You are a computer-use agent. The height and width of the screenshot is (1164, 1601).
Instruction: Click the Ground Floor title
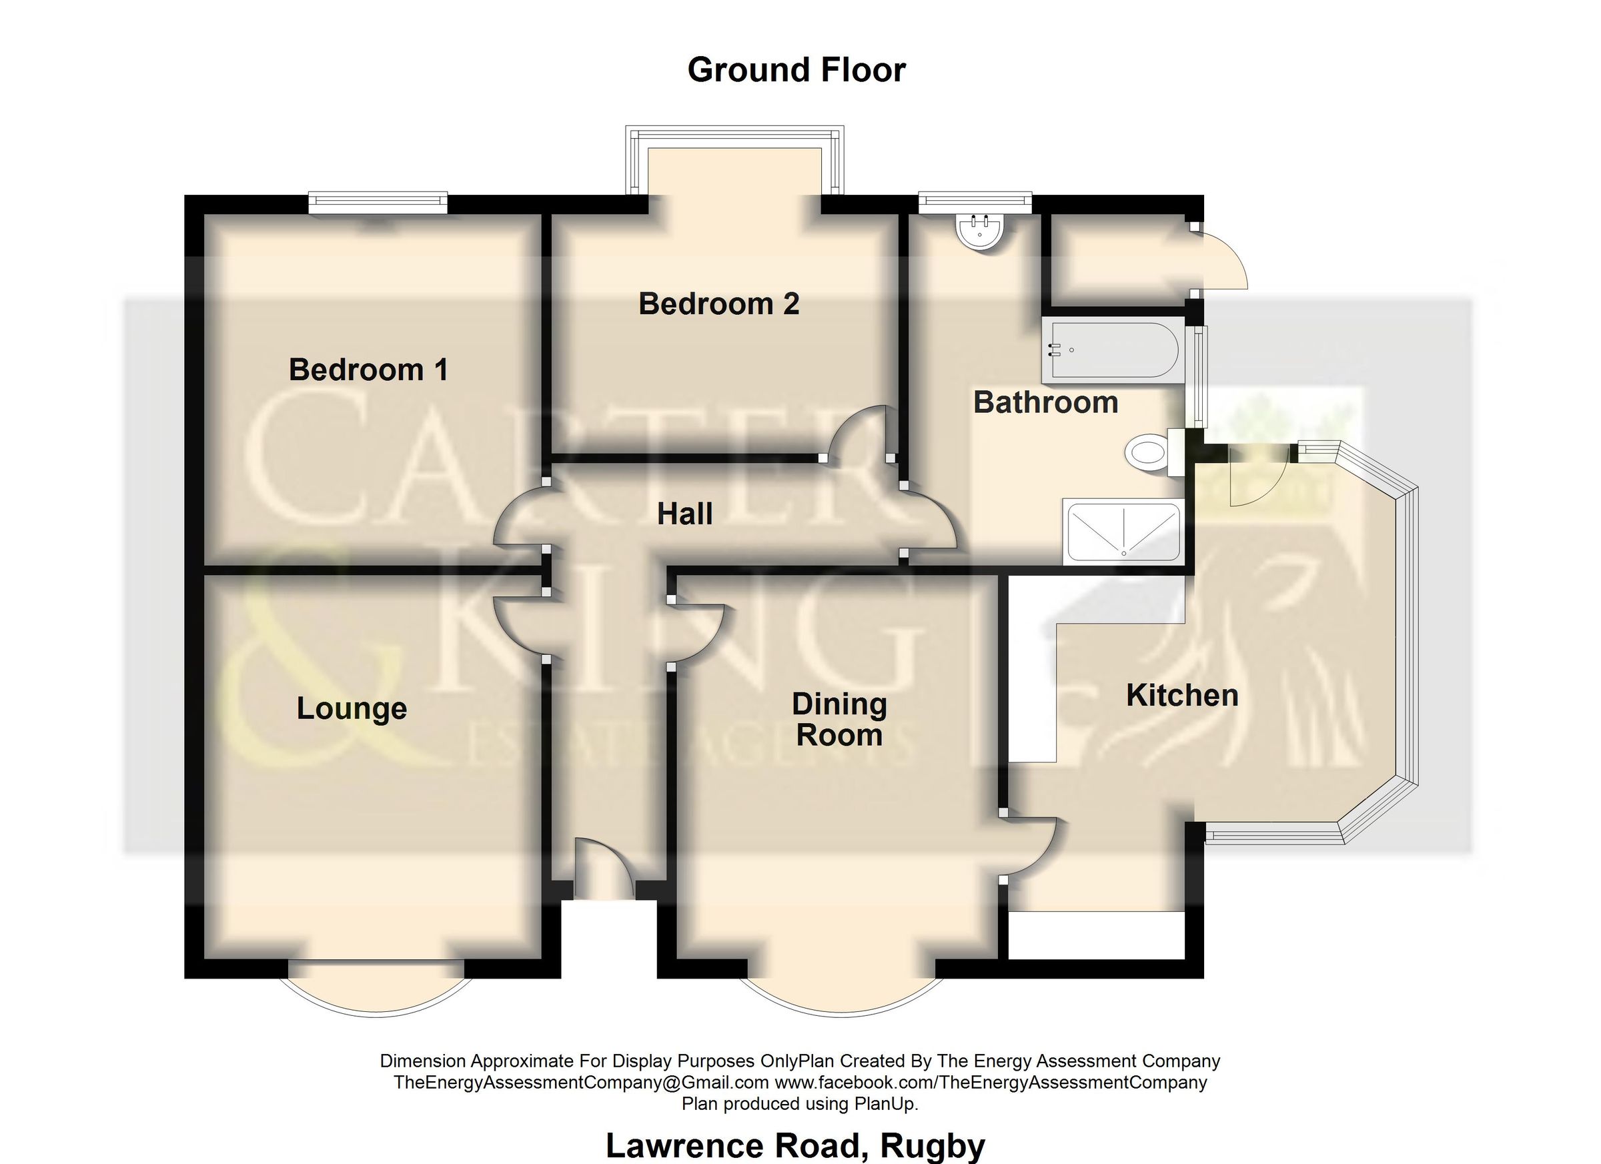pyautogui.click(x=796, y=71)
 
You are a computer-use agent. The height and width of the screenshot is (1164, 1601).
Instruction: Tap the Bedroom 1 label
pyautogui.click(x=368, y=370)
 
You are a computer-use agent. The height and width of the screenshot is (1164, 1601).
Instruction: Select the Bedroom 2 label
pyautogui.click(x=718, y=304)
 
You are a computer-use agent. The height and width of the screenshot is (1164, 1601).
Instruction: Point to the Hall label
pyautogui.click(x=684, y=514)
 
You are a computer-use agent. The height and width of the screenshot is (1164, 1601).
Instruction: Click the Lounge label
pyautogui.click(x=352, y=708)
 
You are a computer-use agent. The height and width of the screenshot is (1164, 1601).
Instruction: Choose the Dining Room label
pyautogui.click(x=839, y=719)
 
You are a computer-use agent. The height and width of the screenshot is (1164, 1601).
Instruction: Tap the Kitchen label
pyautogui.click(x=1181, y=695)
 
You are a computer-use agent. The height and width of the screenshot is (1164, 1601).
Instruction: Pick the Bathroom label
pyautogui.click(x=1045, y=402)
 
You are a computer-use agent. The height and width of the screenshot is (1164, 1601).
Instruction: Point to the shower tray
pyautogui.click(x=1123, y=532)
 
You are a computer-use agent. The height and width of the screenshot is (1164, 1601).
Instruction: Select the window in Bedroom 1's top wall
pyautogui.click(x=378, y=203)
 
